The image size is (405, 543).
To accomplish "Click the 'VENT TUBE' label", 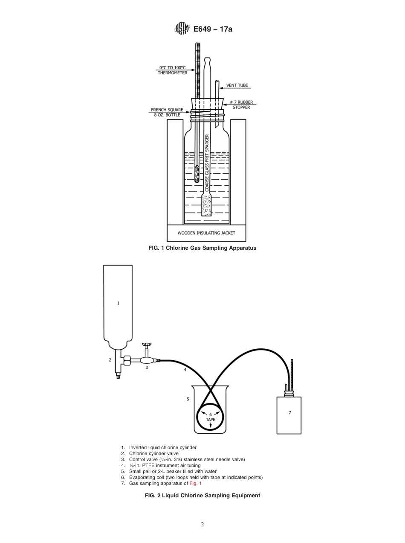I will click(237, 85).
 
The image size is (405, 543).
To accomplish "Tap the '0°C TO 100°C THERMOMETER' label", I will click(173, 70).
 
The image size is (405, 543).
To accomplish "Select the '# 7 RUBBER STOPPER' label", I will click(241, 105).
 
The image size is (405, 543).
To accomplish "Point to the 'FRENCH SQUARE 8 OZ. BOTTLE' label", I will click(167, 112).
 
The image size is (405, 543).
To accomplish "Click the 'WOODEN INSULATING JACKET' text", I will click(206, 233).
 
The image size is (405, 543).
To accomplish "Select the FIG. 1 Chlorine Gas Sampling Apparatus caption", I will click(202, 248).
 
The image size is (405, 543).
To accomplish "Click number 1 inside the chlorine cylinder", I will click(118, 303).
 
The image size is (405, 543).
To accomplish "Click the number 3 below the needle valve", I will click(147, 367).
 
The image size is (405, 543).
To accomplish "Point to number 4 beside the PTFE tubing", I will click(185, 370).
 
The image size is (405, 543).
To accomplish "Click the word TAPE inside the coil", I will click(211, 420).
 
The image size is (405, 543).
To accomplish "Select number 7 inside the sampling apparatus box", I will click(289, 413).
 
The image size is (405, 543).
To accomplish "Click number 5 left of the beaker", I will click(188, 399).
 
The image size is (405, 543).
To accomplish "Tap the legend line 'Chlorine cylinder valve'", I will click(153, 453).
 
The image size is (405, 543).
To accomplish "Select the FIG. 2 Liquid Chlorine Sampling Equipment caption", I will click(202, 496).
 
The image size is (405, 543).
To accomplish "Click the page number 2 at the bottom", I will click(202, 525).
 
